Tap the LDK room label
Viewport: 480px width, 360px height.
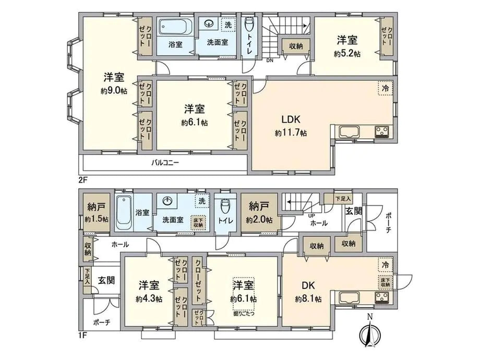point(291,118)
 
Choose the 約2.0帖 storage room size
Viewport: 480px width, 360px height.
point(260,220)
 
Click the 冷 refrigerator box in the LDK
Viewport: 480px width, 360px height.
point(385,89)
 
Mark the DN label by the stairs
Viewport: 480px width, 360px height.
point(270,61)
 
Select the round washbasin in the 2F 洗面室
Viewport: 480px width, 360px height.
point(210,24)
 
